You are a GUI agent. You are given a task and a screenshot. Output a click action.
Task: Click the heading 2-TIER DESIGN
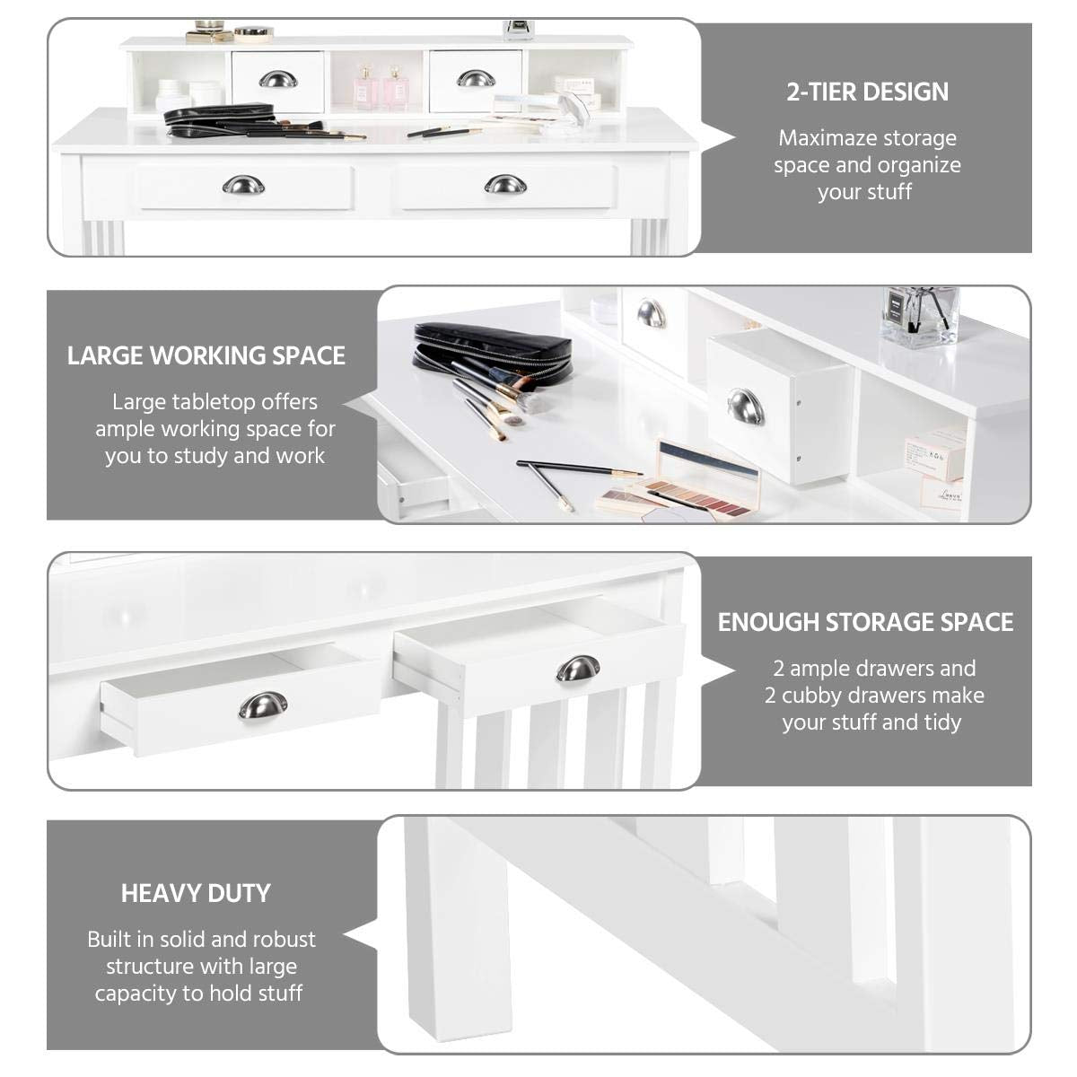click(867, 92)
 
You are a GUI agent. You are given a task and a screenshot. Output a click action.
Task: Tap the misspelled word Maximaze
click(819, 138)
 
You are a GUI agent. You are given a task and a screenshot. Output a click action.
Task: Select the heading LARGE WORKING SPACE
click(206, 355)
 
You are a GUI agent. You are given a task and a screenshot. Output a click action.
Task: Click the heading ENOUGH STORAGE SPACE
click(865, 622)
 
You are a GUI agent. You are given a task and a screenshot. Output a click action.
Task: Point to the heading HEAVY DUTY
click(196, 893)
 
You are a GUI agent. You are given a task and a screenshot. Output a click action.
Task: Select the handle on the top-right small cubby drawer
click(475, 80)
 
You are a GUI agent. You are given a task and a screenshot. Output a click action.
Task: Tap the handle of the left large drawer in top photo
click(242, 185)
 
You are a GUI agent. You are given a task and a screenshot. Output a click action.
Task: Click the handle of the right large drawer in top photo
click(504, 185)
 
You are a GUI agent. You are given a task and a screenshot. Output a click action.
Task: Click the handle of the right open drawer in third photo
click(577, 669)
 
